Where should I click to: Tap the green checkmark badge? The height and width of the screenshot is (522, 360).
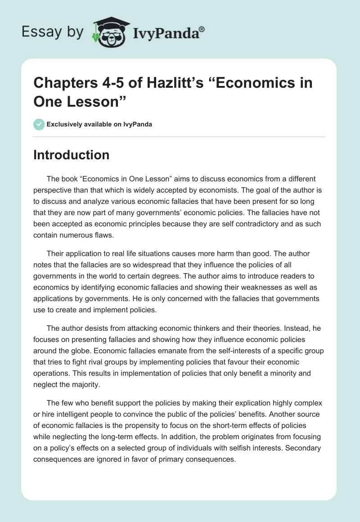[x=39, y=124]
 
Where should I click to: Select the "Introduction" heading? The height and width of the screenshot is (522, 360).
[x=72, y=155]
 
